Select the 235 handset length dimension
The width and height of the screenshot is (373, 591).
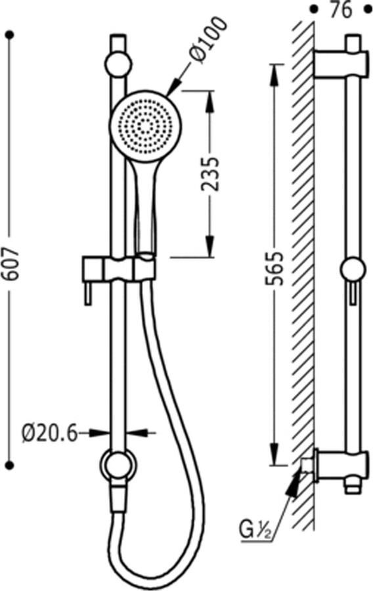click(x=210, y=172)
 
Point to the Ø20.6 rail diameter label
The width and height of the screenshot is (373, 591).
click(x=50, y=433)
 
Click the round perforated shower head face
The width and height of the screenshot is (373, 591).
click(x=144, y=125)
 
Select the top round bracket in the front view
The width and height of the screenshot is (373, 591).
click(x=118, y=64)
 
